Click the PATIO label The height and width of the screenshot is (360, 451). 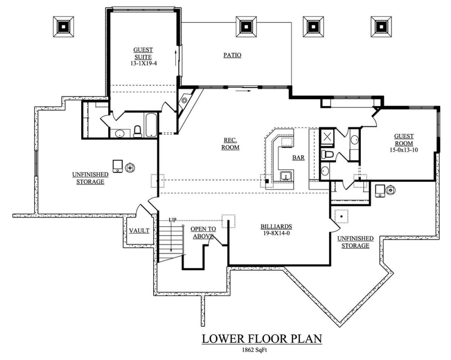[x=232, y=55]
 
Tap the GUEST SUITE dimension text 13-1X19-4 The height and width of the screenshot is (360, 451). [x=144, y=63]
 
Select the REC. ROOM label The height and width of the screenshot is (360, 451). [x=230, y=144]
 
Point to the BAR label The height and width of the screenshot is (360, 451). [x=298, y=157]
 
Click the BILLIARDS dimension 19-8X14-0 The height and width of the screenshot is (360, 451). [x=277, y=233]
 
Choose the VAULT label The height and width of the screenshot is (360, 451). [x=139, y=231]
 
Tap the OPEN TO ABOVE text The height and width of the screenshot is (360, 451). [x=203, y=233]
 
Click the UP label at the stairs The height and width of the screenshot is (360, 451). [x=173, y=220]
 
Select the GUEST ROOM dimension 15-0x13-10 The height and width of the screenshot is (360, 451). [x=404, y=150]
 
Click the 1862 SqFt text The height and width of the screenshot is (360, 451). [x=254, y=350]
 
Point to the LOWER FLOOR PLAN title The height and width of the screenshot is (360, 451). [x=262, y=339]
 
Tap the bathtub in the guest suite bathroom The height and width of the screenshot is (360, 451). [x=151, y=125]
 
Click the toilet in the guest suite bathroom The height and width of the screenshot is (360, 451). [x=138, y=132]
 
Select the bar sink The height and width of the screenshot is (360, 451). [x=286, y=175]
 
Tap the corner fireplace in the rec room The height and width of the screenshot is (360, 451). [x=185, y=101]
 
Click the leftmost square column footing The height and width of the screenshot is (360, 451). [x=63, y=27]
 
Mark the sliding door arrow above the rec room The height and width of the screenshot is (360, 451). [x=243, y=91]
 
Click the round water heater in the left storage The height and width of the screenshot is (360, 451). [x=130, y=168]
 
